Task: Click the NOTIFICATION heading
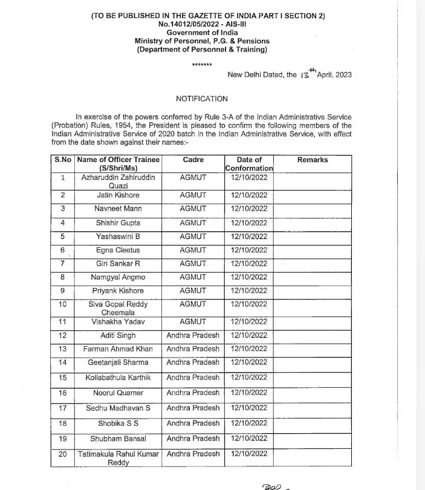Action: pyautogui.click(x=202, y=99)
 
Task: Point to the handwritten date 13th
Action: pyautogui.click(x=304, y=74)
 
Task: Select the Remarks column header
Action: pyautogui.click(x=313, y=160)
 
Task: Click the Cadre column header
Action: pyautogui.click(x=193, y=160)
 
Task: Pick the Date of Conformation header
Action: pyautogui.click(x=249, y=164)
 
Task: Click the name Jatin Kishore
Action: pyautogui.click(x=118, y=195)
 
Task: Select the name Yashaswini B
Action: pyautogui.click(x=118, y=237)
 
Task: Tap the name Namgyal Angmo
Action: pyautogui.click(x=118, y=277)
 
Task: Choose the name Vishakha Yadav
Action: pyautogui.click(x=118, y=322)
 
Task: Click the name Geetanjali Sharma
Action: pyautogui.click(x=118, y=362)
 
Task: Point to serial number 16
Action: pyautogui.click(x=62, y=393)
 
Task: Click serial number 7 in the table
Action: pyautogui.click(x=62, y=264)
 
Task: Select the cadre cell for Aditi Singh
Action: pyautogui.click(x=193, y=335)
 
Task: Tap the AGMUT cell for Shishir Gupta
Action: pyautogui.click(x=193, y=223)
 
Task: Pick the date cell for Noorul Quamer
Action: pyautogui.click(x=249, y=393)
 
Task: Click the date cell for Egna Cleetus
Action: pyautogui.click(x=249, y=250)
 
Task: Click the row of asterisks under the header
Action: pyautogui.click(x=202, y=64)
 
